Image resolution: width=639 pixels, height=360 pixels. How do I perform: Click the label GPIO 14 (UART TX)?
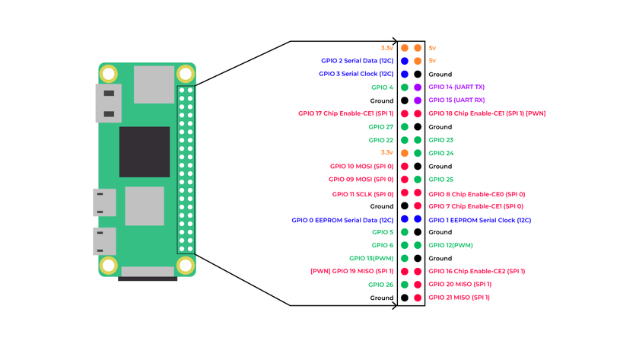[456, 88]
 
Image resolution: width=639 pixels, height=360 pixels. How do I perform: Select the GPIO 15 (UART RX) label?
[456, 100]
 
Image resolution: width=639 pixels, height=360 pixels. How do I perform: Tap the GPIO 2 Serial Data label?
[356, 61]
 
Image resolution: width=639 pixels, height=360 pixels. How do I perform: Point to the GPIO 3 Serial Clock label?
[356, 74]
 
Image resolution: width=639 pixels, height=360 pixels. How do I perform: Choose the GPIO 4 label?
[381, 88]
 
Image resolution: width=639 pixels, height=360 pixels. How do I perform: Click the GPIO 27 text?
[381, 127]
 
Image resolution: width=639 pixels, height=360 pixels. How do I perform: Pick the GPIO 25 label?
[440, 180]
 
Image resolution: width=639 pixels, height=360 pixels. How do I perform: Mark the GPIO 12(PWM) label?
[450, 245]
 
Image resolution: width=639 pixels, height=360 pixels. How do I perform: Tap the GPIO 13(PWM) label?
[371, 258]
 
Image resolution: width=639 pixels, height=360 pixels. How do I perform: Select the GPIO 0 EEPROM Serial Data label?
[342, 219]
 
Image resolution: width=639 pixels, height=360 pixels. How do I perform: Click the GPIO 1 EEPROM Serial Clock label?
[479, 219]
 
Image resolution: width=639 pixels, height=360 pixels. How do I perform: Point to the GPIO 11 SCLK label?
[363, 193]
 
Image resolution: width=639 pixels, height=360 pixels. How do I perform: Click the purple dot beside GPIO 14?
[418, 88]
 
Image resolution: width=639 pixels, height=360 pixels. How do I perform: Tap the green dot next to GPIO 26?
[405, 285]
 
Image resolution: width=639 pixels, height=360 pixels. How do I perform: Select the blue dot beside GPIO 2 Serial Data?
[405, 61]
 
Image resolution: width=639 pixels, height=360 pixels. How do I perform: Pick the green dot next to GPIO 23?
[418, 140]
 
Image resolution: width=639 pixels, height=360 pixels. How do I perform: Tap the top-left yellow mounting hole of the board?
[109, 74]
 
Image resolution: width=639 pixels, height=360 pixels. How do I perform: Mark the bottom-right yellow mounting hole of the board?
[185, 266]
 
